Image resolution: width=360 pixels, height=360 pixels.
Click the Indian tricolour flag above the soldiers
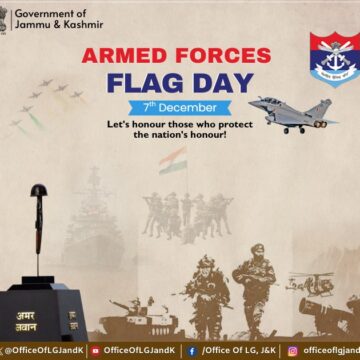(x=172, y=160)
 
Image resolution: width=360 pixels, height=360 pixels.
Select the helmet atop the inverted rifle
(x=40, y=190)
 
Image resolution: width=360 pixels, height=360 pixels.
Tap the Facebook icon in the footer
(x=191, y=351)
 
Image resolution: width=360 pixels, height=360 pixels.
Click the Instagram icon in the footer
(x=292, y=351)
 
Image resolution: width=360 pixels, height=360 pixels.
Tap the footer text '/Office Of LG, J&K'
(x=236, y=351)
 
